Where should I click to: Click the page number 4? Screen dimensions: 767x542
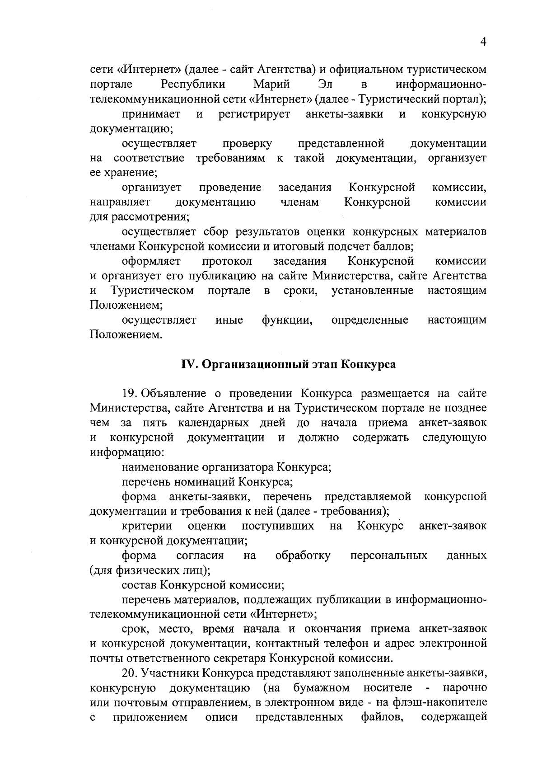coord(483,42)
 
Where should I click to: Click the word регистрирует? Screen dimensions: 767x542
coord(254,114)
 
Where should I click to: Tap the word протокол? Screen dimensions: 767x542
coord(227,261)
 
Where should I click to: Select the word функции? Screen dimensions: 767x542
coord(287,320)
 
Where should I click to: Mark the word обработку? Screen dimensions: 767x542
coord(303,555)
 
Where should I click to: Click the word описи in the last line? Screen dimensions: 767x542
coord(221,717)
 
